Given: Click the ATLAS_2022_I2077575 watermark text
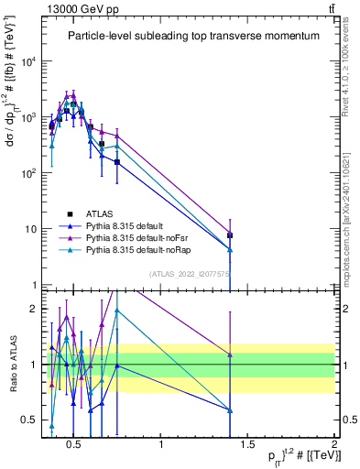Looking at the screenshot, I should coord(190,273).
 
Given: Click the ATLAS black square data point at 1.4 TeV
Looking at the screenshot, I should coord(230,235).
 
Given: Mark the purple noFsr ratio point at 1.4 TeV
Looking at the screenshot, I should coord(230,354).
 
